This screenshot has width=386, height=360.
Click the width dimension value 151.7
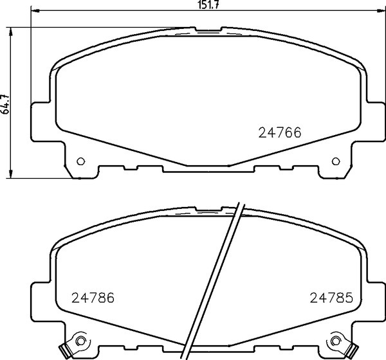(x=208, y=5)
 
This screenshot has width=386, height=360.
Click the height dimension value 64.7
(x=6, y=104)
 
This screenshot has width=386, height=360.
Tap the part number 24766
(x=280, y=133)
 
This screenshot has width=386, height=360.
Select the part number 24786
(x=93, y=298)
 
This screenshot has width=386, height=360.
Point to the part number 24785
(x=331, y=298)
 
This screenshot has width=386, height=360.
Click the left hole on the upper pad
(x=80, y=161)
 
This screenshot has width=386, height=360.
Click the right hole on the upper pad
(x=336, y=161)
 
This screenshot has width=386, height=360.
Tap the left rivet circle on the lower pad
(x=80, y=341)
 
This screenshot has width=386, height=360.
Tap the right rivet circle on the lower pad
(x=336, y=341)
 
